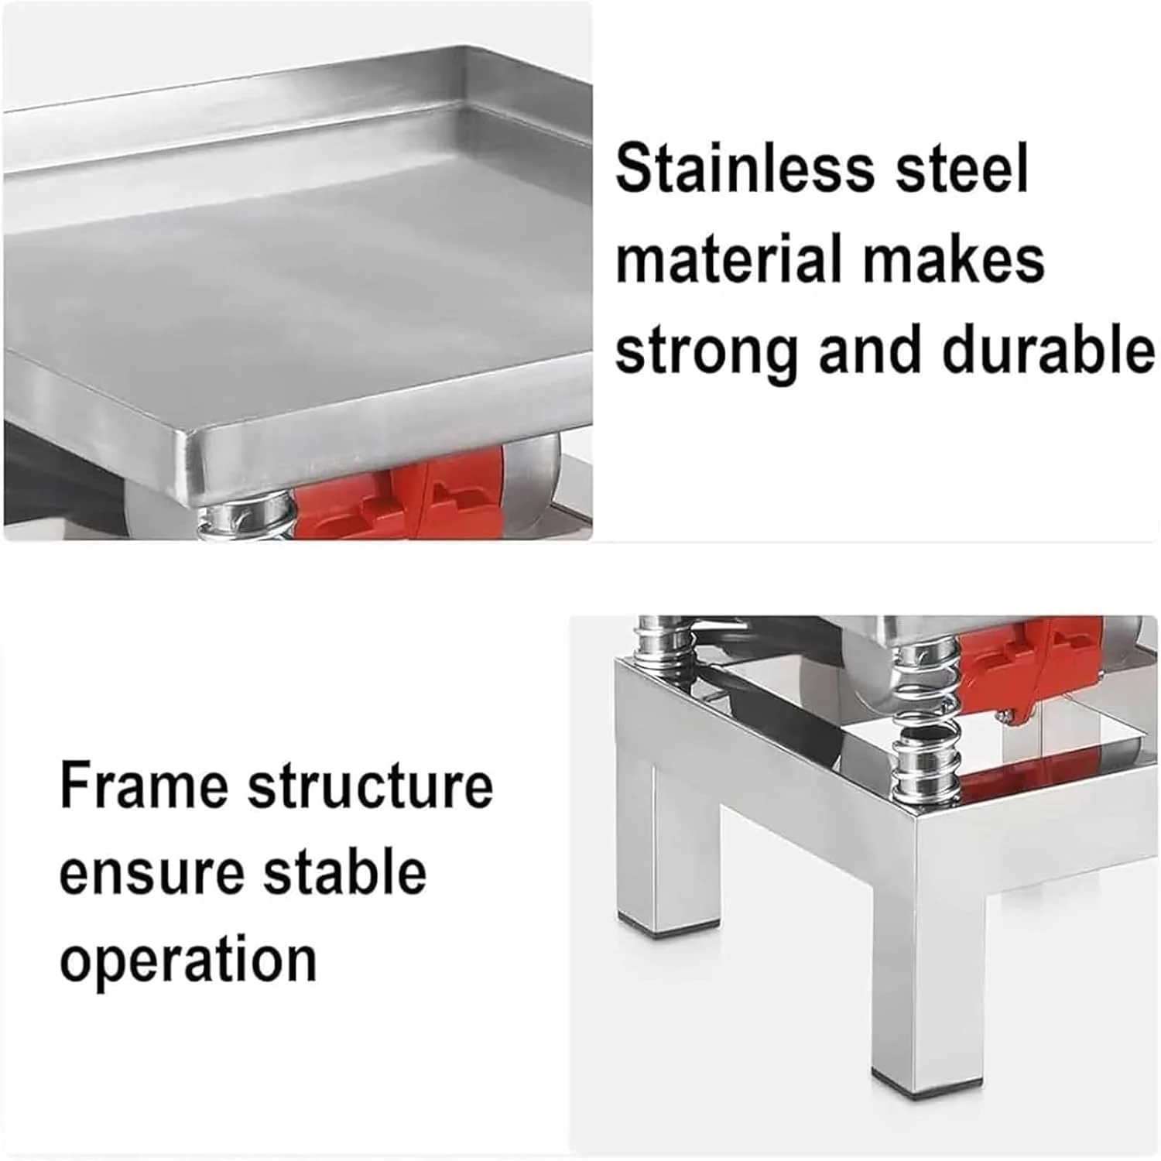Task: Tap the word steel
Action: tap(962, 168)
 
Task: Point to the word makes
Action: tap(953, 259)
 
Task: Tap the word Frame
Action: tap(144, 785)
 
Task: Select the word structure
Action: tap(370, 786)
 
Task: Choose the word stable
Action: tap(345, 872)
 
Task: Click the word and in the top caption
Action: tap(871, 350)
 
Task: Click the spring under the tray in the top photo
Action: tap(246, 519)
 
